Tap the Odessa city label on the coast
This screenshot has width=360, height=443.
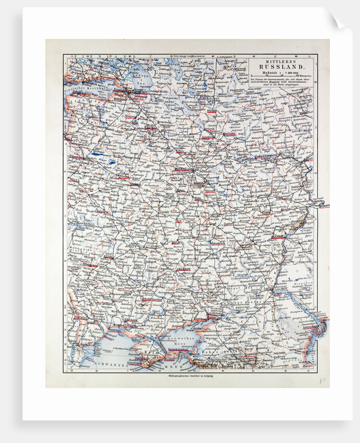[91, 330]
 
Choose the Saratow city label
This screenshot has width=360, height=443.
[279, 237]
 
